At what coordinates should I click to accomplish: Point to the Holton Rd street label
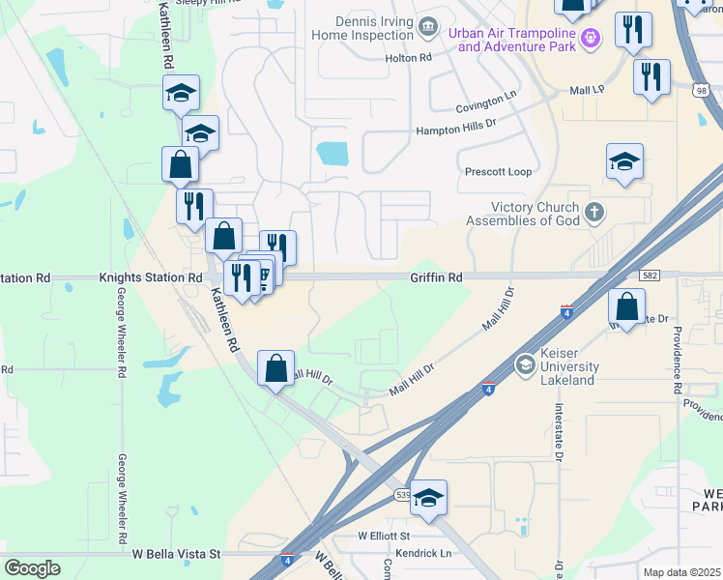[407, 58]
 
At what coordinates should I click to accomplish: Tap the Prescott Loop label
[499, 172]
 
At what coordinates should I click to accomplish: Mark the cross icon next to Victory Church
[595, 210]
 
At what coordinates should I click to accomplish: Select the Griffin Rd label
[436, 277]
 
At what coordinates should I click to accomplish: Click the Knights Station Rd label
[150, 277]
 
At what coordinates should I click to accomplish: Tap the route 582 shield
[650, 276]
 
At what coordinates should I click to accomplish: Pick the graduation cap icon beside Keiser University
[525, 364]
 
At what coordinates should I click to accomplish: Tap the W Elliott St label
[384, 535]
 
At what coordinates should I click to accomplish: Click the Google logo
[33, 568]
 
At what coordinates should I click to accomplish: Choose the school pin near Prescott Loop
[624, 162]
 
